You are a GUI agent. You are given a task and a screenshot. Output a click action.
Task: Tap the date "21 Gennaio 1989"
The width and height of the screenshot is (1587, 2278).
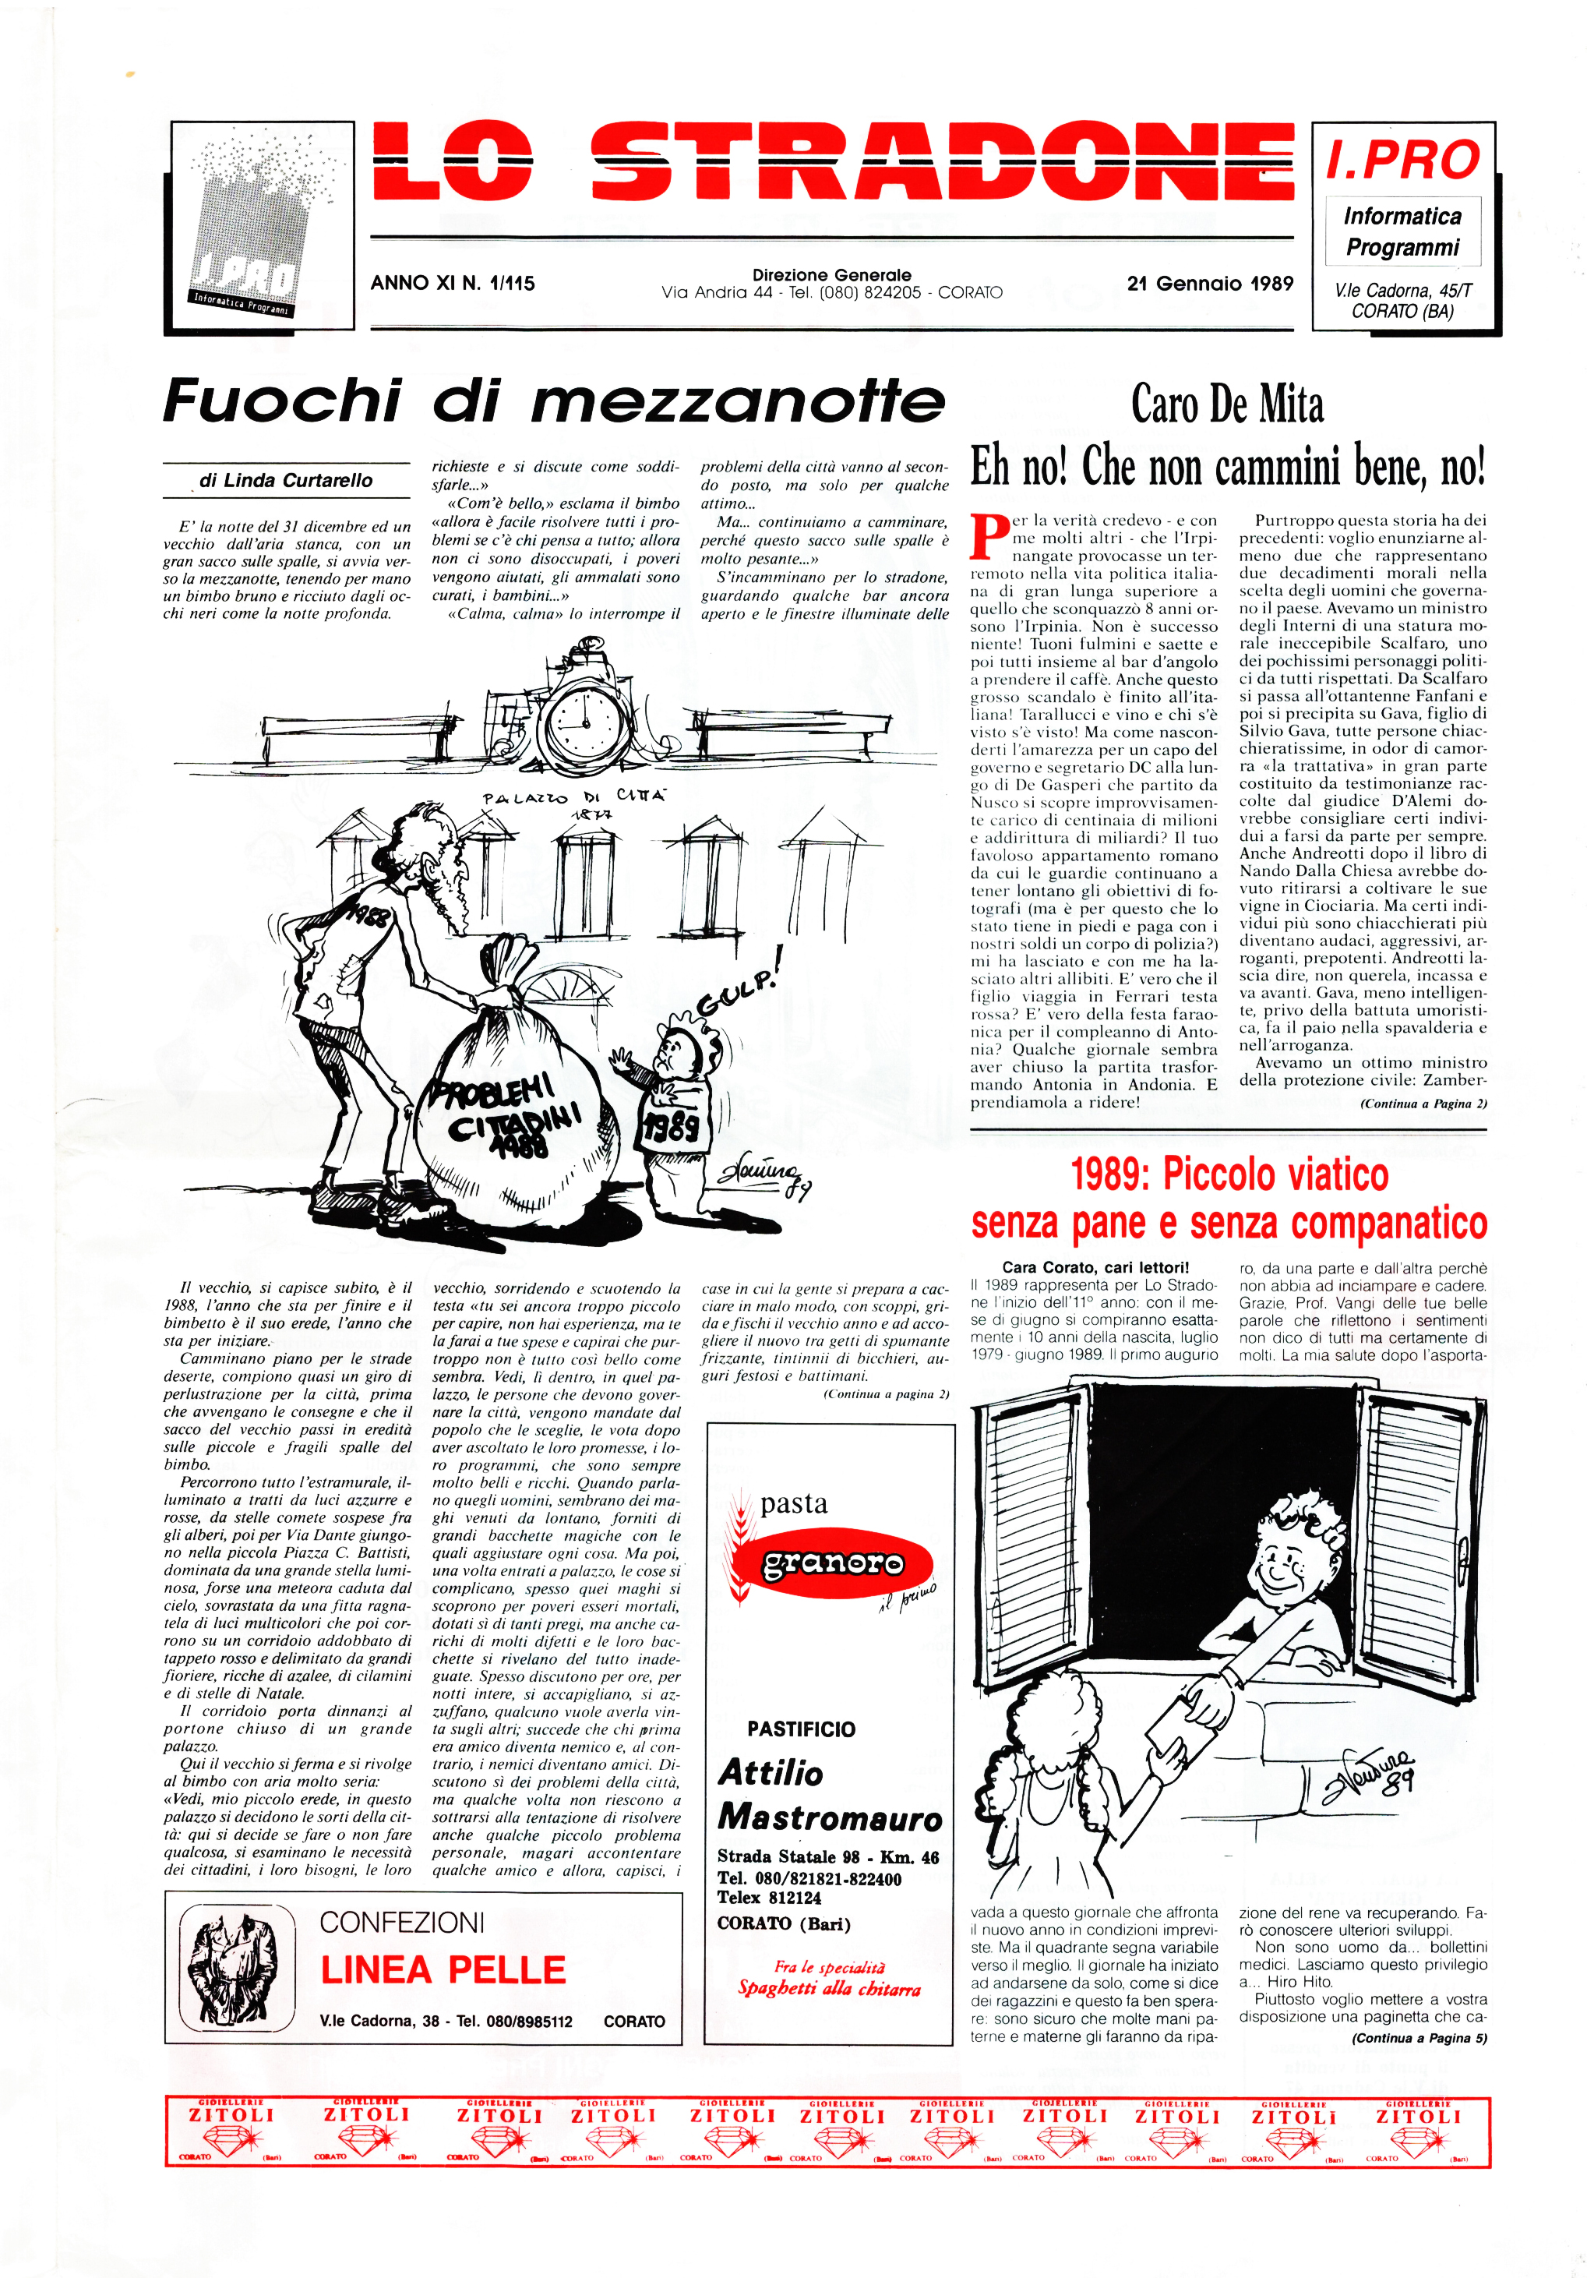pos(1209,284)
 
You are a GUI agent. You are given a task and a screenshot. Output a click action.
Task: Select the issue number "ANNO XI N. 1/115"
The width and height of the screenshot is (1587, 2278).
pos(453,284)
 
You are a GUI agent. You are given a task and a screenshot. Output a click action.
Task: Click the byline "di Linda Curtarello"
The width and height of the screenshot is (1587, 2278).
pos(286,481)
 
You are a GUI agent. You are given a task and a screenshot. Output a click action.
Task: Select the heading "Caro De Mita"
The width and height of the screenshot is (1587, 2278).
pos(1227,404)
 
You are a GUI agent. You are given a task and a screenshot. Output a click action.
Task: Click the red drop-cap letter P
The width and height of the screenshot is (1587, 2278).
pos(987,535)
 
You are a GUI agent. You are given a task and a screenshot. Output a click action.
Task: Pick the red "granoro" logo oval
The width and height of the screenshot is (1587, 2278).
pos(833,1565)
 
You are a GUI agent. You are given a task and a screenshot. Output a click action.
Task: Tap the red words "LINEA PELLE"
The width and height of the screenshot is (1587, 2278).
pos(443,1970)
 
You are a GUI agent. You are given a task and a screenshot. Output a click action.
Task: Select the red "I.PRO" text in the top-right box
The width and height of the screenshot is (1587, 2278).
pos(1402,161)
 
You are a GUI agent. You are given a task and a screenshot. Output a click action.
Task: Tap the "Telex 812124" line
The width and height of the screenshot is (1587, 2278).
pos(770,1898)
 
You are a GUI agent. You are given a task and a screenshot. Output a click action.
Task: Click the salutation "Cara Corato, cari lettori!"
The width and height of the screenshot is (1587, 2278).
pos(1095,1267)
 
